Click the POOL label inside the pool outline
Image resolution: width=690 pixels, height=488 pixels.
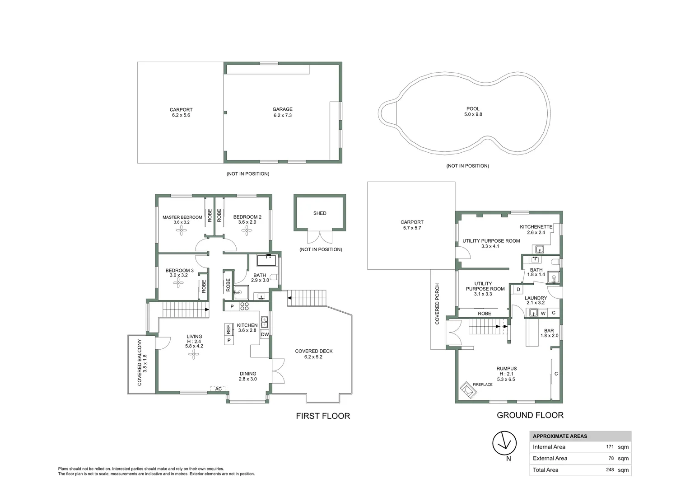[473, 109]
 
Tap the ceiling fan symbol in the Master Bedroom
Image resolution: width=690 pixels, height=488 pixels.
[182, 231]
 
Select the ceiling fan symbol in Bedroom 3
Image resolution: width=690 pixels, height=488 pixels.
[178, 283]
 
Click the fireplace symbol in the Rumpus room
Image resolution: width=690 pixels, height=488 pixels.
[468, 390]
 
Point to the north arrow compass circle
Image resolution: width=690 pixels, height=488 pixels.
[504, 443]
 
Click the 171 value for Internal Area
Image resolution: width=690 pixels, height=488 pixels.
[610, 447]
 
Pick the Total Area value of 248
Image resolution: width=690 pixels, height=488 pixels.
[610, 470]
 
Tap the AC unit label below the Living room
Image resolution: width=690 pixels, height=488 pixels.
[219, 389]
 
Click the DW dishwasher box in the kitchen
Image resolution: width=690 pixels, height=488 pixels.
[265, 335]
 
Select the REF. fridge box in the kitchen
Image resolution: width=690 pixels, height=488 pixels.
[228, 329]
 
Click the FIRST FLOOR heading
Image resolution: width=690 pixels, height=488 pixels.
[323, 416]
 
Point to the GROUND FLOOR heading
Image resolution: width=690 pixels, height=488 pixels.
[530, 415]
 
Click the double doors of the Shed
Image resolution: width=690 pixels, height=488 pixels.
[320, 237]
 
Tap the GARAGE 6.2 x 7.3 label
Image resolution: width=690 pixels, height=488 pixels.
[282, 112]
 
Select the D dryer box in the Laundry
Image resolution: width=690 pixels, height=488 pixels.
[518, 290]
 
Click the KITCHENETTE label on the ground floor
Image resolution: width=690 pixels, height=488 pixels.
[536, 227]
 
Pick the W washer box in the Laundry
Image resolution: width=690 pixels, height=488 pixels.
[543, 313]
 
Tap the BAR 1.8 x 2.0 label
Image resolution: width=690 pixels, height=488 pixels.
[549, 333]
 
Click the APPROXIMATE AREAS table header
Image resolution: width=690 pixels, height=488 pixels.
[560, 436]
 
